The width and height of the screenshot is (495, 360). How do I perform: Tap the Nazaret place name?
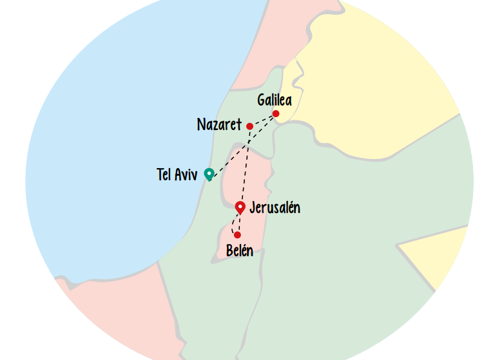tap(218, 125)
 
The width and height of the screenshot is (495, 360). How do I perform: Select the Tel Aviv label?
tap(177, 175)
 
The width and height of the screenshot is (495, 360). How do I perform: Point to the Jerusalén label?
tap(275, 208)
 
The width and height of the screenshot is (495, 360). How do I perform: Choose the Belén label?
tap(239, 251)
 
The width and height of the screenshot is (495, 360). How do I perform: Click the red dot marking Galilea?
tap(276, 114)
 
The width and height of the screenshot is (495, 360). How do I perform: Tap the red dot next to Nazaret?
tap(249, 126)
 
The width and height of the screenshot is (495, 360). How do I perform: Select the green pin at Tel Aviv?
tap(209, 174)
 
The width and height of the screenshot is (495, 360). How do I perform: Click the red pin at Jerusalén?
tap(240, 207)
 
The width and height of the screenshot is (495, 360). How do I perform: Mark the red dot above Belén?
tap(237, 234)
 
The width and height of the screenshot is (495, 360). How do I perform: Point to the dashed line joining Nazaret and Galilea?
tap(263, 120)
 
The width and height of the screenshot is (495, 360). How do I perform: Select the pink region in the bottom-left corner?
tap(110, 316)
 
